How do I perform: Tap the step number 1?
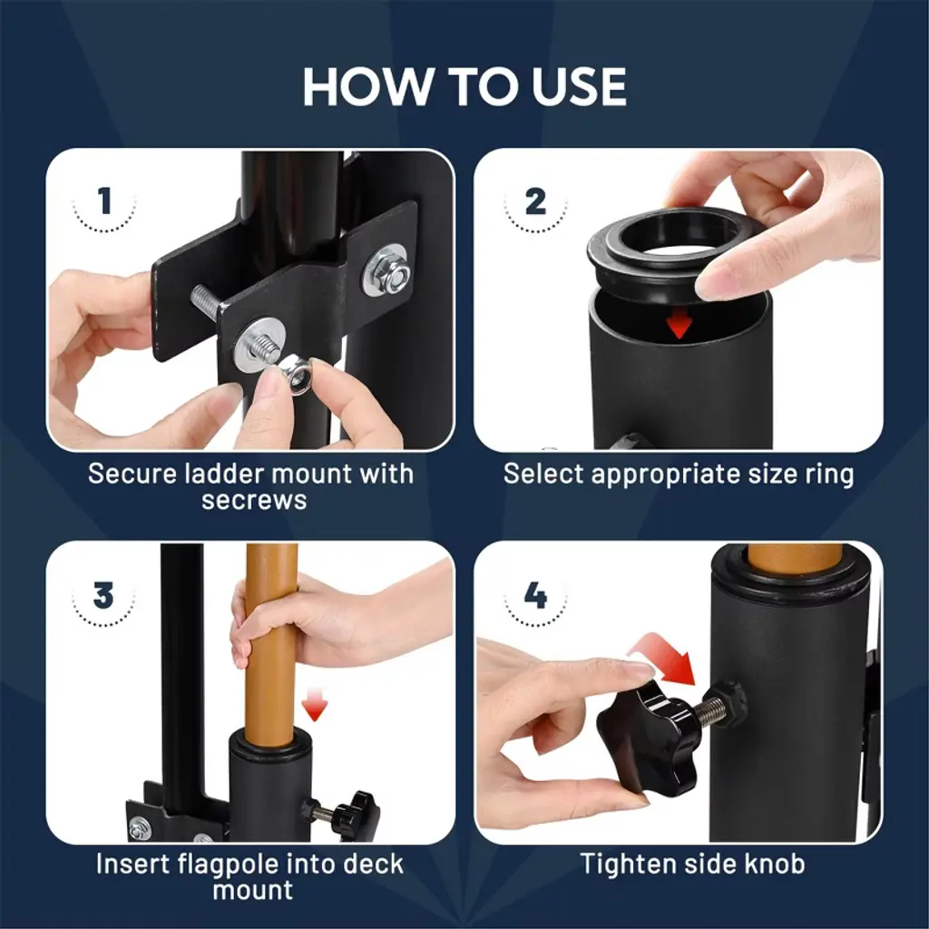(105, 200)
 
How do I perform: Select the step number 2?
(535, 201)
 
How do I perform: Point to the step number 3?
(103, 595)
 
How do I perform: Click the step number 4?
(535, 595)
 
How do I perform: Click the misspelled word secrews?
(254, 501)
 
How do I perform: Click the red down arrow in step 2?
(680, 325)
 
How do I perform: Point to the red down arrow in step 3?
(314, 708)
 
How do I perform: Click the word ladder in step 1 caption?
(223, 474)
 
